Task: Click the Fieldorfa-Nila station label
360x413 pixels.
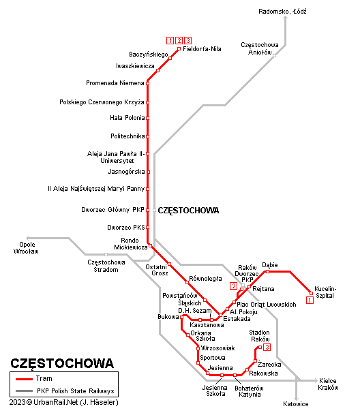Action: coord(202,49)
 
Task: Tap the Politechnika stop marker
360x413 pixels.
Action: coord(147,136)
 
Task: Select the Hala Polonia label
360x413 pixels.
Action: coord(127,118)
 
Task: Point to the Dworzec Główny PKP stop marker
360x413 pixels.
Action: coord(147,210)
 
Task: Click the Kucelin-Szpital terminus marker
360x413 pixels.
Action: coord(311,293)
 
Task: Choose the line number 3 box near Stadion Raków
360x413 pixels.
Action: coord(267,347)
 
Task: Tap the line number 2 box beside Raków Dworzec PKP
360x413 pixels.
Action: coord(233,286)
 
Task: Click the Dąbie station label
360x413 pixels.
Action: coord(270,265)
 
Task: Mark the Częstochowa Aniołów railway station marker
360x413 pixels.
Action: coord(274,56)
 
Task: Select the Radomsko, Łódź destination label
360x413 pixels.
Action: coord(282,12)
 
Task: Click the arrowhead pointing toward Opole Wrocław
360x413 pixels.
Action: coord(28,238)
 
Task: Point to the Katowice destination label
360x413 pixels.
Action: coord(296,403)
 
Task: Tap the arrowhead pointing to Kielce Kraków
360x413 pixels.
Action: coord(316,380)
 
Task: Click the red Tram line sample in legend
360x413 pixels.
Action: coord(24,379)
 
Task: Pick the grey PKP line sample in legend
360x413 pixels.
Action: coord(24,391)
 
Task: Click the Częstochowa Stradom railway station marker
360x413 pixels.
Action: coord(106,254)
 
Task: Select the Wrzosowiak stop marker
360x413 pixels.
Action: coord(198,348)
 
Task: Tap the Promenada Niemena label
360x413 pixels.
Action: coord(115,83)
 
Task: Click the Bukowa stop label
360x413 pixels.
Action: coord(168,317)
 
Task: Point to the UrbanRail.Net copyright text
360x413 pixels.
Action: coord(64,403)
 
